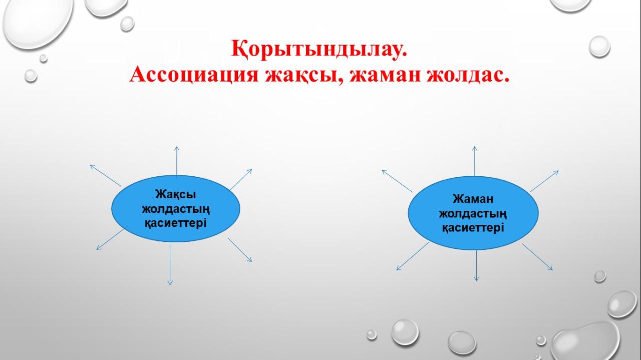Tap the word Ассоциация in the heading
pos(194,75)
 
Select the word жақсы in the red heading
pos(304,76)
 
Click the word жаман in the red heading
pos(385,75)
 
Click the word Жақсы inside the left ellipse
pos(176,195)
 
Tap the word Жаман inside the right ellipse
pos(473,199)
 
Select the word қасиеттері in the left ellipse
pos(175,223)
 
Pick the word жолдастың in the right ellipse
pos(473,213)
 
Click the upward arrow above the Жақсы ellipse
pos(177,161)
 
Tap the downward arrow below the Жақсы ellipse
pos(170,265)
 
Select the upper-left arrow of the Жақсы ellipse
pos(106,175)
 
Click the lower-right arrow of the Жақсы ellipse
pos(240,250)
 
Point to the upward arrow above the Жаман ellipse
pos(475,161)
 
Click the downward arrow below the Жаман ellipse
pos(476,265)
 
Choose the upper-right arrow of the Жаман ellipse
pos(544,181)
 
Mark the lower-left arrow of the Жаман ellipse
pos(413,256)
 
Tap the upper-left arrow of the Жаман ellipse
pos(397,181)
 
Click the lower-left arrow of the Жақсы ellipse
pos(112,238)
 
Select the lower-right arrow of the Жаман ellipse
pos(537,257)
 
